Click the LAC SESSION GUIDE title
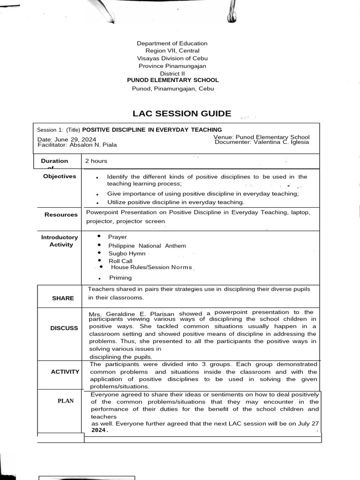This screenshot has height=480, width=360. click(x=182, y=113)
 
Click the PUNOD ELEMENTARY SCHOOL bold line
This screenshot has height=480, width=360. click(x=173, y=80)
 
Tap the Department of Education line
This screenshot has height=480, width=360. click(x=172, y=43)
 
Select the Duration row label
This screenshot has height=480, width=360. click(x=54, y=161)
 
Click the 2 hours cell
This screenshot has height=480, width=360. click(x=96, y=161)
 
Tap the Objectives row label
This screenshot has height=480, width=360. click(x=60, y=176)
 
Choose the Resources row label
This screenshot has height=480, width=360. click(x=61, y=215)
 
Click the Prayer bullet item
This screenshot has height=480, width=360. click(x=117, y=237)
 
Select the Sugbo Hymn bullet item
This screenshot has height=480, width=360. click(x=127, y=253)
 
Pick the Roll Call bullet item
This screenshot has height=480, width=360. click(x=120, y=261)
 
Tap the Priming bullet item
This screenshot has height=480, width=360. click(x=120, y=277)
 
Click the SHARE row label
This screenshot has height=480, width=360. click(x=63, y=298)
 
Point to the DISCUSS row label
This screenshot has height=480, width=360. click(x=64, y=328)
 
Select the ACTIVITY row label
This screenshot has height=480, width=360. click(x=65, y=372)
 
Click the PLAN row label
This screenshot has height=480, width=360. click(x=66, y=401)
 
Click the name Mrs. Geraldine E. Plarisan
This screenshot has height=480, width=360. click(x=133, y=314)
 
